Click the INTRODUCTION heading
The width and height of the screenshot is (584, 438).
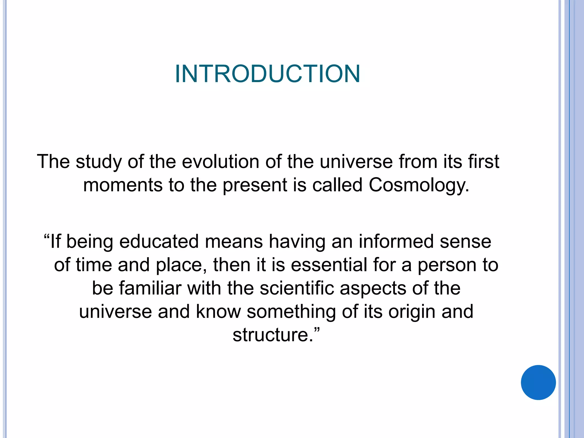pyautogui.click(x=267, y=74)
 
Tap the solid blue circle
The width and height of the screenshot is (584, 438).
pyautogui.click(x=538, y=382)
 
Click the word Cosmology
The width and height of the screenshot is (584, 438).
pyautogui.click(x=419, y=185)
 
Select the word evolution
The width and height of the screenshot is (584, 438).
pyautogui.click(x=220, y=162)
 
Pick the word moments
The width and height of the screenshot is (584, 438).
pyautogui.click(x=123, y=185)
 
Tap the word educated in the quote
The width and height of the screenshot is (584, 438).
pyautogui.click(x=159, y=242)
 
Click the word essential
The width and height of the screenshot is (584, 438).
pyautogui.click(x=329, y=265)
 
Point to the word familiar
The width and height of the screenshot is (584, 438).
pyautogui.click(x=150, y=288)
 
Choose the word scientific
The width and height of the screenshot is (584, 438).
pyautogui.click(x=297, y=288)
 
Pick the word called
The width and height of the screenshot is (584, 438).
pyautogui.click(x=337, y=185)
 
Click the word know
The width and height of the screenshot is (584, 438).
pyautogui.click(x=218, y=311)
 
